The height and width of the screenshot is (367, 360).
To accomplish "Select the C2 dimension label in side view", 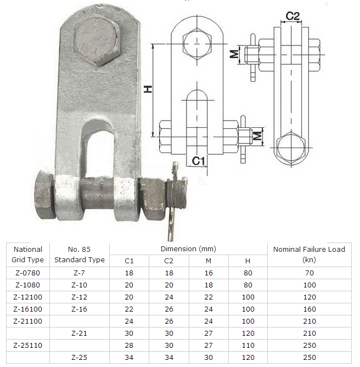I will click(x=293, y=16).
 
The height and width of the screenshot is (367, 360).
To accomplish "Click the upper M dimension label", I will click(x=234, y=54).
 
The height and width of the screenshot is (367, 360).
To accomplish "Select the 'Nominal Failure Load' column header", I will click(x=309, y=254).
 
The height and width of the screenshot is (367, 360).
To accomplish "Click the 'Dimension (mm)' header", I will click(x=188, y=249).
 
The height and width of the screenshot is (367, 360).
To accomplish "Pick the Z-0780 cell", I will click(x=27, y=273).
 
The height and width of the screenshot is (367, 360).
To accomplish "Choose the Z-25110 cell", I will click(x=27, y=345).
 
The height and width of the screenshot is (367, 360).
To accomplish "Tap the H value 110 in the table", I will click(x=247, y=345).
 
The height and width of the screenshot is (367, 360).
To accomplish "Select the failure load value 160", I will click(x=309, y=309).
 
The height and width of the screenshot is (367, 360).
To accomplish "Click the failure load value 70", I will click(x=309, y=273).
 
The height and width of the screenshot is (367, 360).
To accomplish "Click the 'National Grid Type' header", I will click(x=27, y=254).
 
